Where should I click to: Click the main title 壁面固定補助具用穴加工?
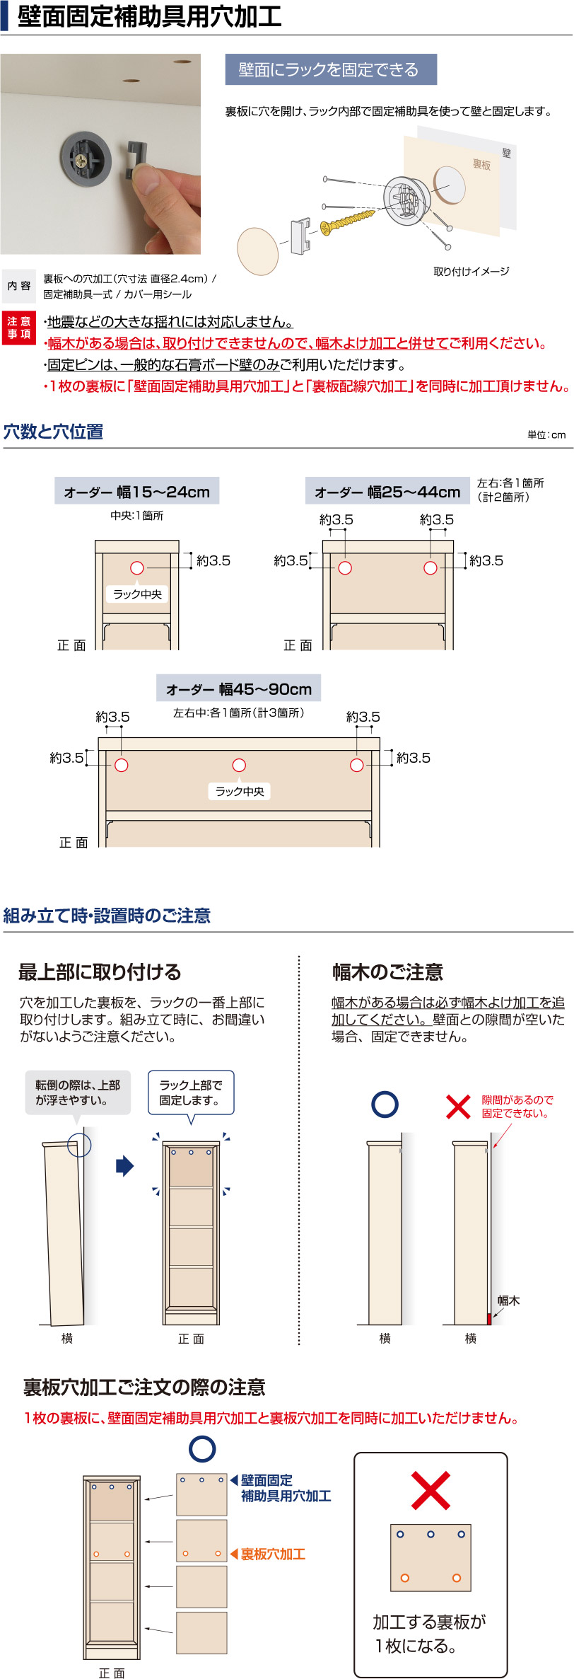pos(149,16)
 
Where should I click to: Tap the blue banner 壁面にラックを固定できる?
pos(330,69)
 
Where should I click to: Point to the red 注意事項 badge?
pos(18,328)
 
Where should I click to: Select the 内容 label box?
pos(19,286)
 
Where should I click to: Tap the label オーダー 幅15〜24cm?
pos(137,492)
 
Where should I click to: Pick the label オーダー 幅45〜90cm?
pos(239,688)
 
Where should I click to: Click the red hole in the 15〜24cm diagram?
pos(137,568)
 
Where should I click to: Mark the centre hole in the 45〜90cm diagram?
pos(239,765)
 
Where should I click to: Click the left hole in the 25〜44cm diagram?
pos(345,568)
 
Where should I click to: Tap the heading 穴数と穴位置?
pos(54,432)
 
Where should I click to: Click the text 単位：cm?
pos(546,434)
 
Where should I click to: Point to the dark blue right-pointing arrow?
pos(125,1165)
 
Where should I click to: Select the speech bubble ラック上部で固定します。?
pos(191,1092)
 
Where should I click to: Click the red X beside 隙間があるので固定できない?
pos(458,1107)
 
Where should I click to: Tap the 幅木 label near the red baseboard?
pos(508,1300)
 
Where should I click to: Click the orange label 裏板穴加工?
pos(273,1554)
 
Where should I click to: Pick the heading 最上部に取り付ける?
pos(100,972)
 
